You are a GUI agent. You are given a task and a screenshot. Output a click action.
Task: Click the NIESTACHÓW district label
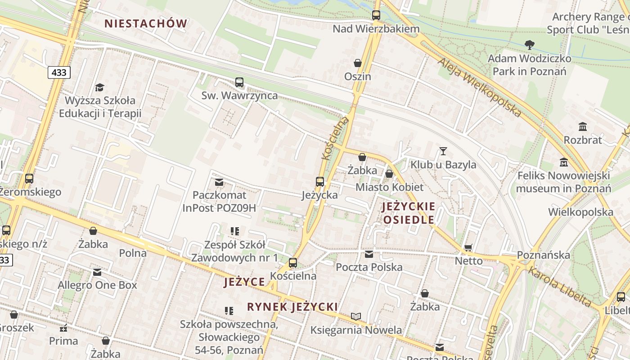146,23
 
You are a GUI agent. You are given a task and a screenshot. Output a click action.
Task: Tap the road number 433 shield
59,72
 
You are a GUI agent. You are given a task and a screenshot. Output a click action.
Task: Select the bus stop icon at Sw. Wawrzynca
239,82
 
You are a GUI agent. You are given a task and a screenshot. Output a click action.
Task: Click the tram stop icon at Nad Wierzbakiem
376,15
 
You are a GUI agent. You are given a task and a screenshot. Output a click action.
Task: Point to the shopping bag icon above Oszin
358,63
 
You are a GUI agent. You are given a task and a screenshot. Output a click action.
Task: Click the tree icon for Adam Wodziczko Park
530,45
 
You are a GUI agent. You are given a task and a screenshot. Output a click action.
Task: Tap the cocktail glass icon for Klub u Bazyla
443,151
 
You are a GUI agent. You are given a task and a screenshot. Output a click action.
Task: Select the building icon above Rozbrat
583,126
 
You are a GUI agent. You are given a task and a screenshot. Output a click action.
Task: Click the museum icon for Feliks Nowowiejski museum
563,162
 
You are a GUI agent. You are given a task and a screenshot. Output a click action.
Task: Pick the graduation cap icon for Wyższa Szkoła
99,87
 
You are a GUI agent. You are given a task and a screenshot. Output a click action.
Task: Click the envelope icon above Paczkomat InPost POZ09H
219,182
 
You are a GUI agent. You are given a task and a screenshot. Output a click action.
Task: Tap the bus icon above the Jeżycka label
320,182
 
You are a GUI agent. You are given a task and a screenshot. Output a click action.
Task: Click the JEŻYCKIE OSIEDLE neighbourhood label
409,213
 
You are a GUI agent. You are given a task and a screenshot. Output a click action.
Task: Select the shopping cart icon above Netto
468,247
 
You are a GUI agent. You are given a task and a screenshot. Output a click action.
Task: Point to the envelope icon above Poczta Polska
369,254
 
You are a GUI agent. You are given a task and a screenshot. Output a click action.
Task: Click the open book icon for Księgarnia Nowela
356,317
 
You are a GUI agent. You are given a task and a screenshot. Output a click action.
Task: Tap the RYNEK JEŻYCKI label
292,307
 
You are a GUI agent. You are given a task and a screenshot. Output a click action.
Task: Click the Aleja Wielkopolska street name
480,87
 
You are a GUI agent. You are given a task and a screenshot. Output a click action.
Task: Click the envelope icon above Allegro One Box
97,272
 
